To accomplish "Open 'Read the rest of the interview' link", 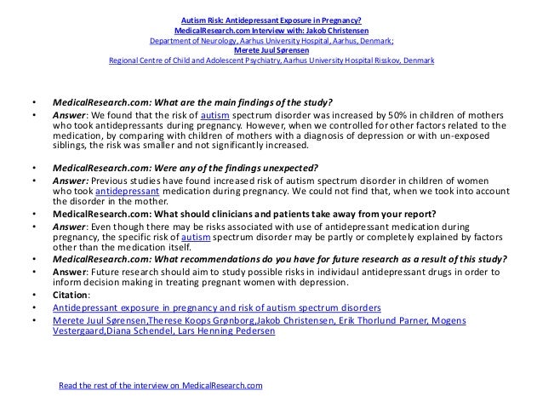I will [160, 386].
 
